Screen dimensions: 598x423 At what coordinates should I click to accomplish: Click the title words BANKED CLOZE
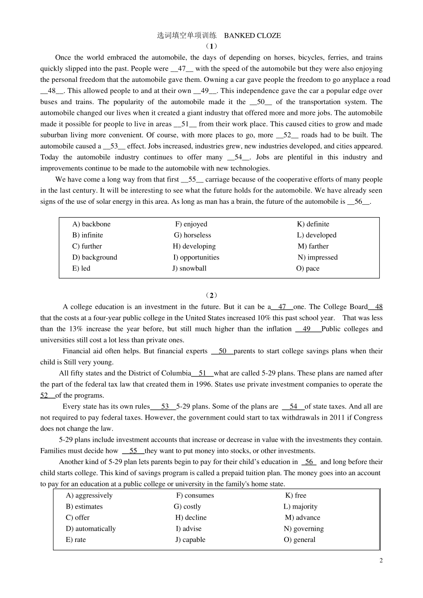[x=252, y=36]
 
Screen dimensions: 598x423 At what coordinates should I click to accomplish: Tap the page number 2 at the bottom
[x=381, y=560]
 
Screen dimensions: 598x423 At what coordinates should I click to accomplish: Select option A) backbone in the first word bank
[x=91, y=224]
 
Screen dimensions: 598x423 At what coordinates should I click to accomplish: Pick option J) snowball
[x=189, y=268]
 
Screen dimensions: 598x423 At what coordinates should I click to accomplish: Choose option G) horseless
[x=192, y=235]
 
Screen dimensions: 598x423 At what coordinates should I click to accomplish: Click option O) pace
[x=308, y=268]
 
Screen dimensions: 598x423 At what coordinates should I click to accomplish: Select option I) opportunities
[x=196, y=257]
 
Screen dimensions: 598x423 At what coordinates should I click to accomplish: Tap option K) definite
[x=313, y=224]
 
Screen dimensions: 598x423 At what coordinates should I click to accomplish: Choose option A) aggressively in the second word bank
[x=89, y=496]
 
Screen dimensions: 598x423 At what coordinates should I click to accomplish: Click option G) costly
[x=187, y=507]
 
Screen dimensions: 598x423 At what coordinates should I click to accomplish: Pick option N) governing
[x=304, y=529]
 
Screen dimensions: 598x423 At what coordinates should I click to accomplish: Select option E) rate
[x=76, y=540]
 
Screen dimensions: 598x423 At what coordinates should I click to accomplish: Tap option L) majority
[x=301, y=507]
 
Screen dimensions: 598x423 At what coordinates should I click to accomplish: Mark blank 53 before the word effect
[x=114, y=146]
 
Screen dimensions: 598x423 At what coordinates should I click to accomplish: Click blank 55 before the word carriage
[x=192, y=180]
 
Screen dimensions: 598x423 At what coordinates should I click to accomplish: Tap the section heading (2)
[x=211, y=295]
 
